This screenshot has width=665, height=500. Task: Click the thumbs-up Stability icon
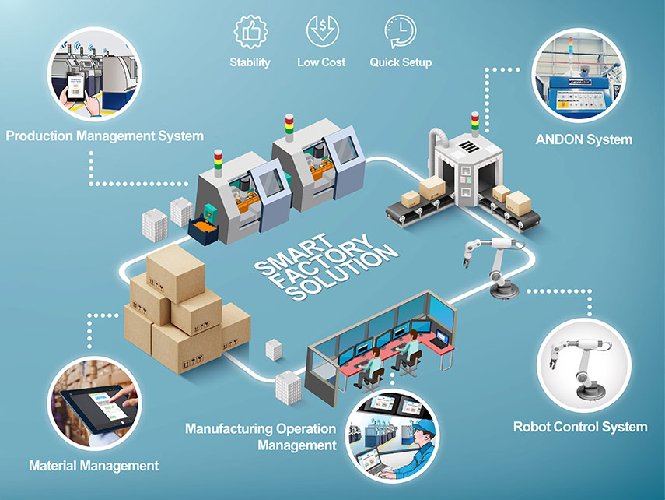[x=250, y=31]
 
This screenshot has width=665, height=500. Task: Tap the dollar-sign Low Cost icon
[x=322, y=30]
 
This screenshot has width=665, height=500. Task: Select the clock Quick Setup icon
[x=401, y=31]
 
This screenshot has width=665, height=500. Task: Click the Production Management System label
[x=105, y=136]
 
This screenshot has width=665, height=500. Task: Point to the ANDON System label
[x=583, y=139]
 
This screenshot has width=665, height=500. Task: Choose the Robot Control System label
[x=580, y=427]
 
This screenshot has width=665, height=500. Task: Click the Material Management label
[x=94, y=466]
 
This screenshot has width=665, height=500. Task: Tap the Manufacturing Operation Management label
[x=261, y=437]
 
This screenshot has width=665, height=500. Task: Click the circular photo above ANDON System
[x=579, y=76]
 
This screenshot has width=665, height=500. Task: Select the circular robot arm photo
[x=583, y=366]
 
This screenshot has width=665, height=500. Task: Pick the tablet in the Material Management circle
[x=96, y=408]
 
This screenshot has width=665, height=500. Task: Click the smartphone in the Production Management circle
[x=76, y=87]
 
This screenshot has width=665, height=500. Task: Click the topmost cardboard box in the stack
[x=176, y=273]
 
